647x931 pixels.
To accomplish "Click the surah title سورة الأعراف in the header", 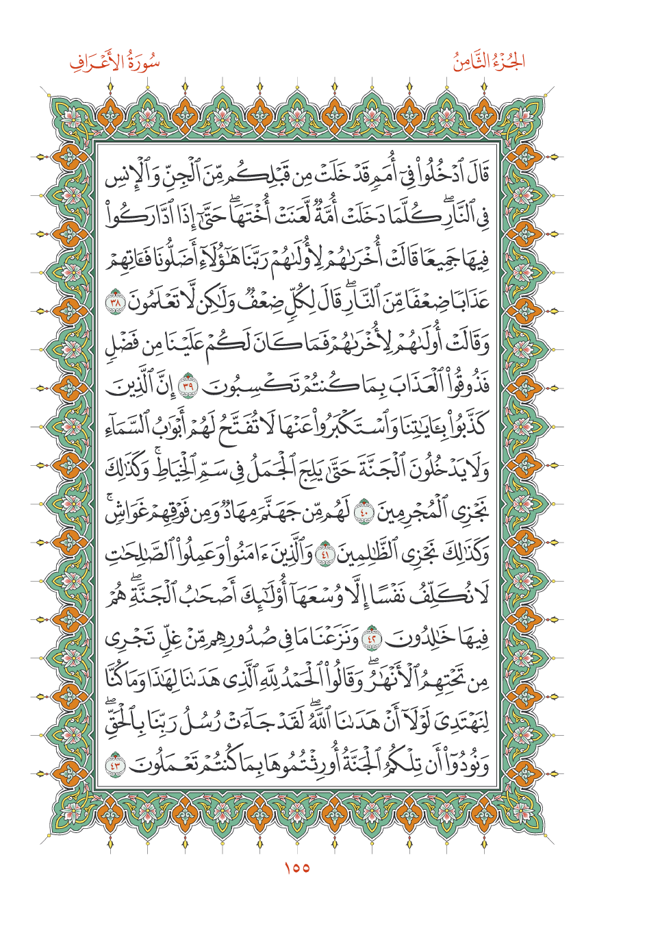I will [x=114, y=64].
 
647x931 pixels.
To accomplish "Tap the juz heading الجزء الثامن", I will [x=489, y=62].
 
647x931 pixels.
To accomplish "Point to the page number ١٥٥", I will [x=296, y=868].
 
